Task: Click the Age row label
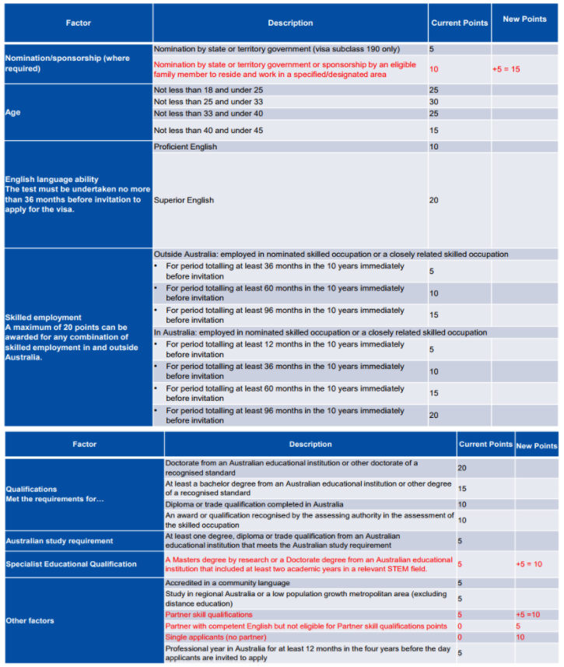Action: click(14, 112)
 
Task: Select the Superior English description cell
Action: click(184, 200)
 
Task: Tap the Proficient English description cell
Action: click(186, 146)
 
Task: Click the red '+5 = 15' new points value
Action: click(506, 69)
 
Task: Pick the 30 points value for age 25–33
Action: click(434, 102)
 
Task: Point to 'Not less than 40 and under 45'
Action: click(208, 130)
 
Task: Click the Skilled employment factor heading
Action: click(43, 318)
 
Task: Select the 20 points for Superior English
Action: click(434, 200)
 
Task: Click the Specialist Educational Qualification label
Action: click(71, 564)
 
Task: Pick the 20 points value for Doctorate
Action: click(462, 468)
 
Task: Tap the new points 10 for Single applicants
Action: click(520, 637)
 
